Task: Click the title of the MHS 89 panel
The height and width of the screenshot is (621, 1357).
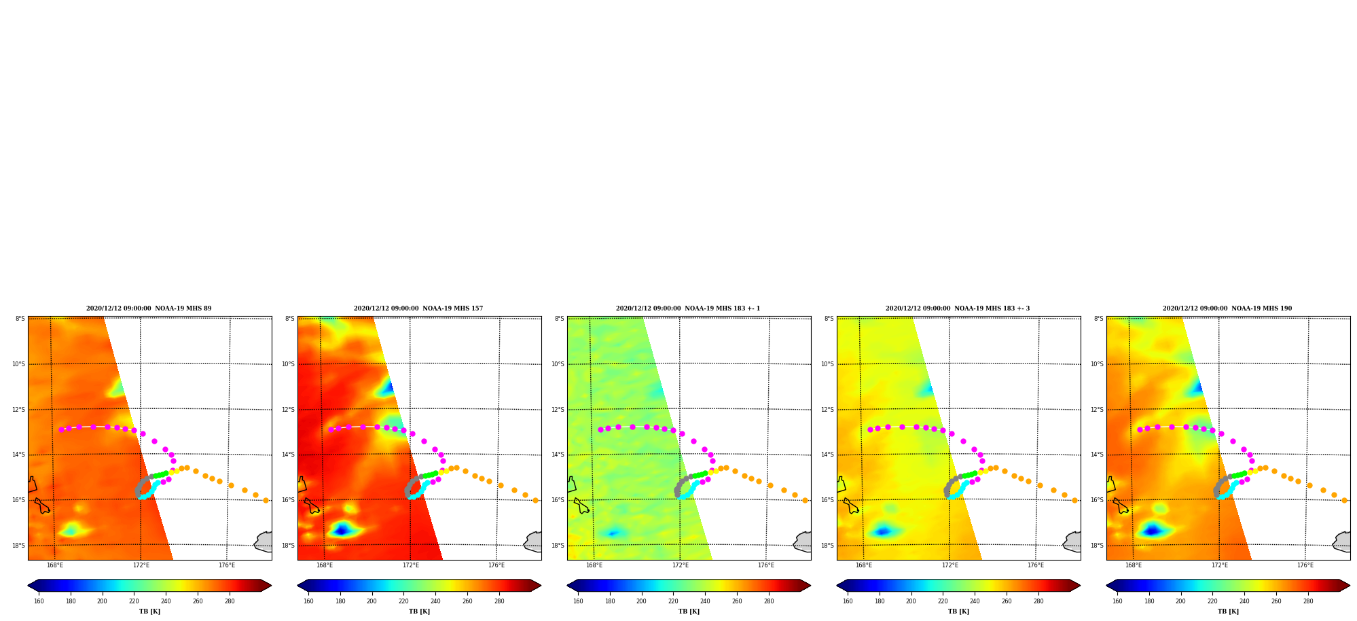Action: click(x=149, y=308)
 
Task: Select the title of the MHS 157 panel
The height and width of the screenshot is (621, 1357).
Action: click(x=418, y=308)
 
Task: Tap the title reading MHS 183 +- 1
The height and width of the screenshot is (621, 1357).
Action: click(x=688, y=308)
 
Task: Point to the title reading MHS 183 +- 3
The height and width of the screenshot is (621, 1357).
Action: click(x=958, y=308)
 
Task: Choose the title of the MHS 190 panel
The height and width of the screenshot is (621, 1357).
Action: click(x=1227, y=308)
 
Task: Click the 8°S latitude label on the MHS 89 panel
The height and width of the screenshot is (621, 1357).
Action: click(x=20, y=319)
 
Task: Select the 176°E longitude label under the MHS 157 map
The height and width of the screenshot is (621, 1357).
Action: click(x=496, y=565)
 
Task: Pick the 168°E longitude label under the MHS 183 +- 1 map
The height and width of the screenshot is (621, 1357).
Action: click(x=594, y=565)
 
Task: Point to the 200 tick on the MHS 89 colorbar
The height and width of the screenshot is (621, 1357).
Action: click(x=102, y=601)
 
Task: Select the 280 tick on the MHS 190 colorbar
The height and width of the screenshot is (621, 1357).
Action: click(x=1308, y=601)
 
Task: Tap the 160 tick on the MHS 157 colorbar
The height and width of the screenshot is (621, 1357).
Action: click(x=308, y=601)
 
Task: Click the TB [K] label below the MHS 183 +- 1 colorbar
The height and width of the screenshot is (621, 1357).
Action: click(x=689, y=611)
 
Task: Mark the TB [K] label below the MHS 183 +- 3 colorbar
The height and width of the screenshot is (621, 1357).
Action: click(x=958, y=611)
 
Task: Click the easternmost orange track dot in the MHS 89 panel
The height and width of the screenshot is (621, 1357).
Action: click(x=266, y=500)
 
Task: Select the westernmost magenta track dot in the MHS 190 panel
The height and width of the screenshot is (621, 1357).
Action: click(x=1140, y=429)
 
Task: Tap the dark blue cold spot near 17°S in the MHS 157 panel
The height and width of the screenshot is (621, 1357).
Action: click(x=341, y=529)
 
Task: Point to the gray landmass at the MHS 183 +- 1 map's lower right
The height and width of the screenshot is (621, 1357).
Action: click(x=803, y=542)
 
